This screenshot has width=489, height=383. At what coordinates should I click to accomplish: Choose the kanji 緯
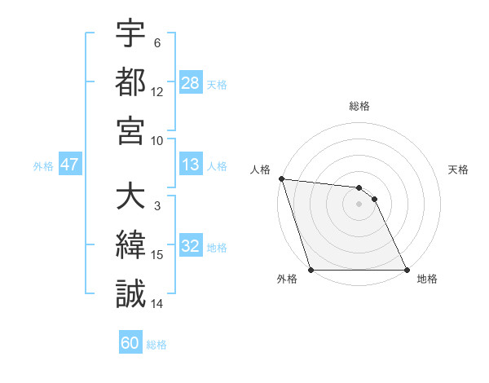tap(130, 245)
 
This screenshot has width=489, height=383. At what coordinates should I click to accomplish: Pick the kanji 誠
tap(130, 293)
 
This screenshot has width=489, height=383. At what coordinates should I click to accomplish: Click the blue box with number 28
tap(191, 83)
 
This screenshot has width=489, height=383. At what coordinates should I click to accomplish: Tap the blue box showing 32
tap(191, 247)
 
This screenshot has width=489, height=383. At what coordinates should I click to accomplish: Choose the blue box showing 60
tap(130, 343)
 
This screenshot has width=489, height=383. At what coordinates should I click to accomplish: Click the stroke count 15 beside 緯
tap(157, 255)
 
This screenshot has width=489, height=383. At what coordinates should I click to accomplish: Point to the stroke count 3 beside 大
tap(157, 207)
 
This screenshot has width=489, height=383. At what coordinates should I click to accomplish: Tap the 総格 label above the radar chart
tap(359, 106)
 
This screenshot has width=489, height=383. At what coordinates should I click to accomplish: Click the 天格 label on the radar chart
tap(458, 169)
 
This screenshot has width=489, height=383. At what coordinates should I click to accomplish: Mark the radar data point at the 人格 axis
tap(281, 178)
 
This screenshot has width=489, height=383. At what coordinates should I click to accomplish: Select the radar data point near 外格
tap(311, 270)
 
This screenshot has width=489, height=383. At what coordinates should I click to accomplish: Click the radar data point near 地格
tap(407, 270)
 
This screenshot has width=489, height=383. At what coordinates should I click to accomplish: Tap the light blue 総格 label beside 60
tap(156, 345)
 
